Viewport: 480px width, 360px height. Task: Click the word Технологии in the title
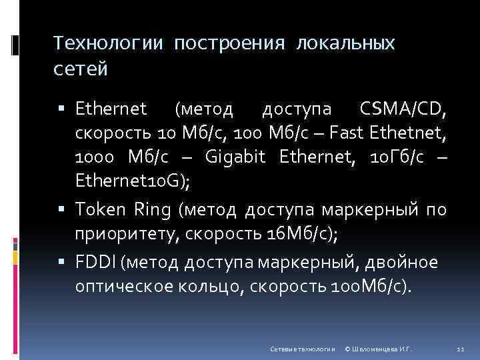pos(107,43)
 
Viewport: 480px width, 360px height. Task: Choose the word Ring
pos(153,211)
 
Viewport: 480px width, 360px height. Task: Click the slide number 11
pos(459,349)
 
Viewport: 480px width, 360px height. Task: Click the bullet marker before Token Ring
pos(67,211)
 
